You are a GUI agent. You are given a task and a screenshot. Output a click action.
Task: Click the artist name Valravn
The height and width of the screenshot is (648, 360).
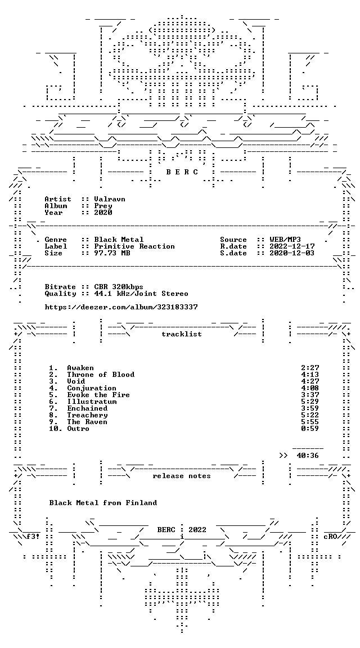[110, 199]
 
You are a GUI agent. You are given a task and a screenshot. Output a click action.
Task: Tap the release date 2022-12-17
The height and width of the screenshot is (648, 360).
[292, 246]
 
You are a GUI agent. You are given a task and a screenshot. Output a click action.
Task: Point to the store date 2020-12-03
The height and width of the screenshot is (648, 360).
[292, 253]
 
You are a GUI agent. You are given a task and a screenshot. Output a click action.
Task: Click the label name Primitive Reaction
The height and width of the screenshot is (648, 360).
[134, 246]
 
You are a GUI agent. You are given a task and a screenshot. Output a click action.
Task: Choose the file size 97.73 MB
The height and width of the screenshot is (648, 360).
[112, 253]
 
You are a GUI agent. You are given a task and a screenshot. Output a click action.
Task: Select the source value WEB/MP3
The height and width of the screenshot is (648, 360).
[285, 240]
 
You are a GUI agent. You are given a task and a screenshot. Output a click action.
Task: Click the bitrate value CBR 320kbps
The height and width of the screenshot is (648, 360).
[119, 287]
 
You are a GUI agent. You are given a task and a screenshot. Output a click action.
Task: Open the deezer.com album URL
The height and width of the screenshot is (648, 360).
[121, 307]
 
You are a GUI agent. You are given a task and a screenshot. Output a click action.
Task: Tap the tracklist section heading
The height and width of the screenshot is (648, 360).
[182, 334]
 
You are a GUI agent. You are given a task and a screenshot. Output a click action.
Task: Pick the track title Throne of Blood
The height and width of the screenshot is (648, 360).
[101, 375]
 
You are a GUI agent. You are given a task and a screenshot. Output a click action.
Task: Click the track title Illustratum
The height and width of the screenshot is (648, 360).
[92, 402]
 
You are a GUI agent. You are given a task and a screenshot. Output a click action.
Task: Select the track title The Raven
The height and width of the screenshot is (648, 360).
[87, 422]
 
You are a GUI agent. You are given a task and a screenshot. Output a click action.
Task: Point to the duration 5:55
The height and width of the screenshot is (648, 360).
[310, 422]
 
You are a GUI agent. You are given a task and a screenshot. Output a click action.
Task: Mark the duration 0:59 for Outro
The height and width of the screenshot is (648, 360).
[310, 429]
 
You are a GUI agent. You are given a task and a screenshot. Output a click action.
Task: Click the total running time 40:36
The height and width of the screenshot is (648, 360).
[308, 456]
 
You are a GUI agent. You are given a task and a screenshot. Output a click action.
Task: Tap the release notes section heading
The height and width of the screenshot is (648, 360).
[182, 476]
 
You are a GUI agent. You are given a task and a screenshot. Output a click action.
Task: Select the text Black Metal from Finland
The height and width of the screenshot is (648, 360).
[103, 503]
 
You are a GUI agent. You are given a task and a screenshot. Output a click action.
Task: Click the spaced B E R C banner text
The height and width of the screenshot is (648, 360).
[182, 172]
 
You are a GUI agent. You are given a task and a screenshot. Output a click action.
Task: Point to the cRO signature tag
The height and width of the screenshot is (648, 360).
[331, 537]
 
